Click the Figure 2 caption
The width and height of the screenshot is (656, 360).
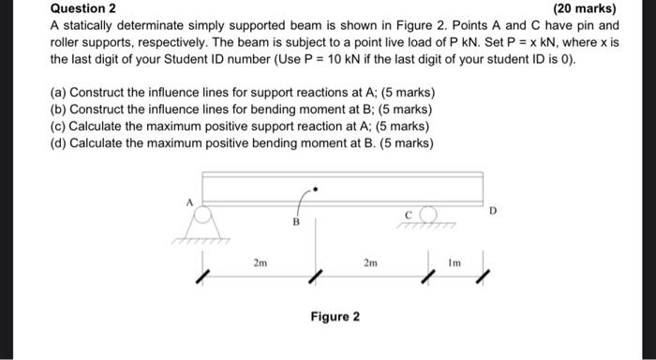335,316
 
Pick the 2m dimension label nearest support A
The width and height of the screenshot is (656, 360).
260,263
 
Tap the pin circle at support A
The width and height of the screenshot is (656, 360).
201,213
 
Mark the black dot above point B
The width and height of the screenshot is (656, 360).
316,189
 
